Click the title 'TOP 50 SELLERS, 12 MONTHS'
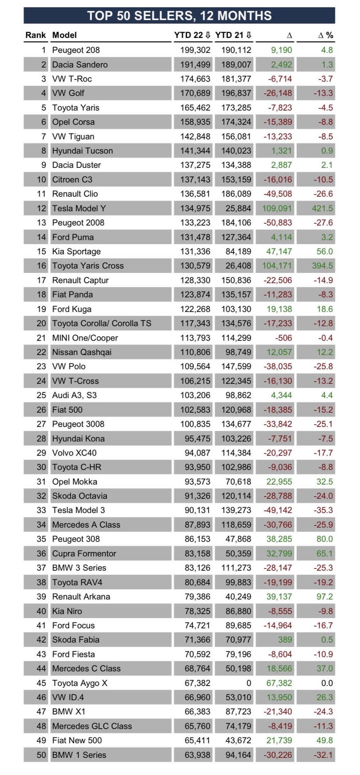click(x=179, y=16)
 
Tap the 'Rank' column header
click(x=35, y=35)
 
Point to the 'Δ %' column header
click(x=325, y=35)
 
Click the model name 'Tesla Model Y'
click(x=79, y=208)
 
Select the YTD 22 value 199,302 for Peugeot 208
click(x=195, y=50)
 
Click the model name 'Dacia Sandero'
click(x=80, y=65)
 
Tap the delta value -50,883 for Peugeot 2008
click(x=278, y=223)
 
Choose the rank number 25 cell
click(x=41, y=395)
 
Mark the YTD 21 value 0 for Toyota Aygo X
click(x=249, y=683)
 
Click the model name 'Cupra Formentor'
click(x=84, y=554)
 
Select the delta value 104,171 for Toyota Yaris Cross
click(x=277, y=266)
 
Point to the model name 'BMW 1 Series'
click(x=79, y=755)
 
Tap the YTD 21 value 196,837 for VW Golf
click(x=236, y=93)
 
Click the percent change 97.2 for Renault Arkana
click(x=324, y=597)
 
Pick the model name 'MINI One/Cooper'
click(x=85, y=338)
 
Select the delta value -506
click(x=283, y=338)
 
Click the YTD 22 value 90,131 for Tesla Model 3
click(x=197, y=510)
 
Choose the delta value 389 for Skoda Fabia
click(x=285, y=640)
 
